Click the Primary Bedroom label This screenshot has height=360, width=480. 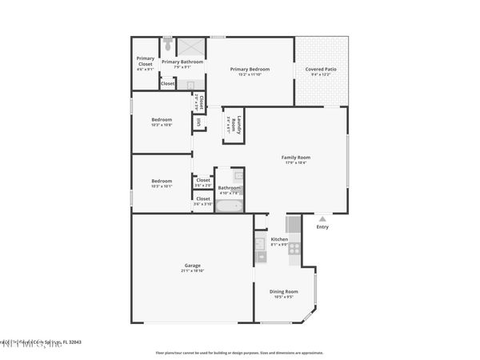250,70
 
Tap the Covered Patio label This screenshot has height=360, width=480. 320,70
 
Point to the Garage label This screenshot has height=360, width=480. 192,266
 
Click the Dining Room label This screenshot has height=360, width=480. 283,291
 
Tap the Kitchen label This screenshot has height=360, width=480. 279,239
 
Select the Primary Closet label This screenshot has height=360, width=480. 145,60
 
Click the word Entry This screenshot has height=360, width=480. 322,227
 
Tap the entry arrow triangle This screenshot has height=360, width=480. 322,218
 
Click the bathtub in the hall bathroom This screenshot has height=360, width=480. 229,206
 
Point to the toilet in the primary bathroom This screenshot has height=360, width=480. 168,41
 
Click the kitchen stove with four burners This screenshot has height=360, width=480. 294,249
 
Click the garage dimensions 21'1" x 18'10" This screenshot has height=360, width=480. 192,271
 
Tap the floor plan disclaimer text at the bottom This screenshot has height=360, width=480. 240,350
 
